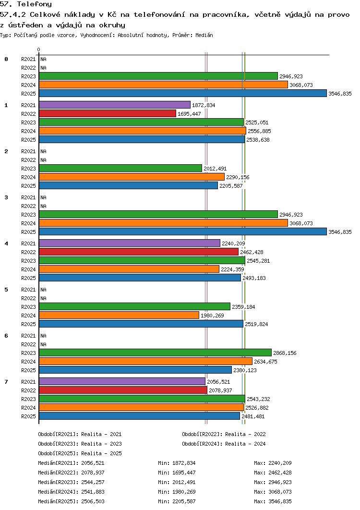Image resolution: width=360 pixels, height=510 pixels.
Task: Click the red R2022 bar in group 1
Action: click(x=107, y=114)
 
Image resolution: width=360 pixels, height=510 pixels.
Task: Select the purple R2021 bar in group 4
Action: click(x=129, y=243)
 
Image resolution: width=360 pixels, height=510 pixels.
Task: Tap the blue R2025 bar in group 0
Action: click(x=182, y=94)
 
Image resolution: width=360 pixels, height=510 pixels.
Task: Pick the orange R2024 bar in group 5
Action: click(x=119, y=316)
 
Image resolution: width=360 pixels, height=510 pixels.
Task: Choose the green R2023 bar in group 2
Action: click(x=120, y=169)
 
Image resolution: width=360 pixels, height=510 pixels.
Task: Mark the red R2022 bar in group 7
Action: click(x=123, y=390)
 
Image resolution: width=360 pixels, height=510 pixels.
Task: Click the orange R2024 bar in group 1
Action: click(x=142, y=131)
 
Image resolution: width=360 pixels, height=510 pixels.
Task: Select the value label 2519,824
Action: click(x=256, y=324)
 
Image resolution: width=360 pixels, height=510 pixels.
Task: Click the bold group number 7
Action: click(x=6, y=382)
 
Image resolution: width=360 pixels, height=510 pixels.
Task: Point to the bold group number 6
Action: click(x=6, y=336)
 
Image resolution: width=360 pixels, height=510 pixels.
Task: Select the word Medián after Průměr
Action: click(x=204, y=36)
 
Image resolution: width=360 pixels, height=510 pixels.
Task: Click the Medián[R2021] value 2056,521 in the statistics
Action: click(x=93, y=463)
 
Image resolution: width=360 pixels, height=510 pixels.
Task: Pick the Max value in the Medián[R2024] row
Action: click(x=280, y=492)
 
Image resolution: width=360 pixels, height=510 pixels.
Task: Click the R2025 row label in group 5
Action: click(x=29, y=324)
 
